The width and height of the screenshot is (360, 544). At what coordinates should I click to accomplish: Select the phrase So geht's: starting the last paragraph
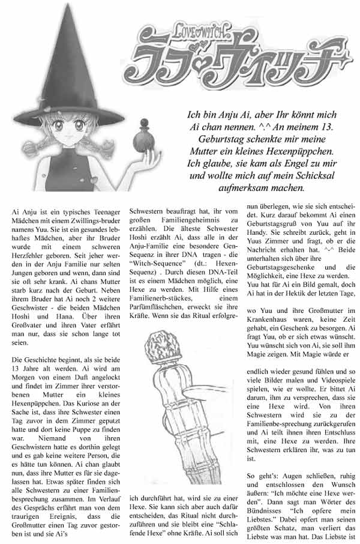[263, 476]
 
